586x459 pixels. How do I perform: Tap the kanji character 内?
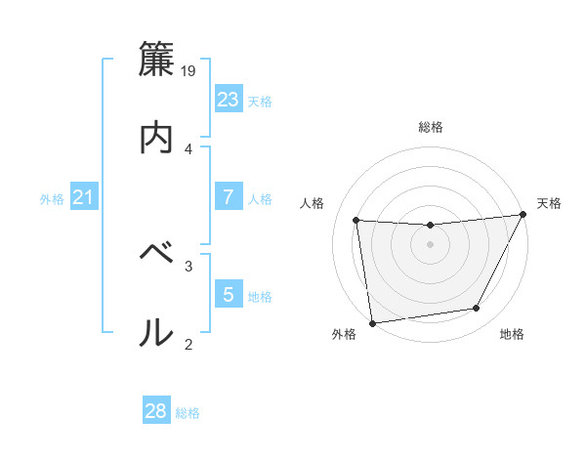tap(157, 138)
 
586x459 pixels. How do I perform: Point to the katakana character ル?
tap(157, 332)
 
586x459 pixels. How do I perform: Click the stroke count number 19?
tap(189, 71)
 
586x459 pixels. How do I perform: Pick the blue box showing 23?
tap(229, 100)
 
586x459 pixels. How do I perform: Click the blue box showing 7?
tap(229, 197)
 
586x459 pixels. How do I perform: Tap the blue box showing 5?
tap(229, 294)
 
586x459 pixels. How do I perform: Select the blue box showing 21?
tap(83, 198)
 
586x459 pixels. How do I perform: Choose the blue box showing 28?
tap(156, 411)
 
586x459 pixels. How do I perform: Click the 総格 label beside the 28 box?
tap(188, 413)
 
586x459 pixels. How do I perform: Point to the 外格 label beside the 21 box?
tap(52, 199)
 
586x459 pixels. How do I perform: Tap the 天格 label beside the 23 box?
tap(260, 101)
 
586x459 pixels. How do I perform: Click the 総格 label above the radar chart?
tap(430, 127)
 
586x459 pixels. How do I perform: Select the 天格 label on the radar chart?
tap(549, 203)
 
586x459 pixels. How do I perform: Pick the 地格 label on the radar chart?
tap(512, 334)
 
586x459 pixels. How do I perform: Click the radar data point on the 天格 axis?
tap(523, 215)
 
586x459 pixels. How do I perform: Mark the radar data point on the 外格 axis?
tap(372, 322)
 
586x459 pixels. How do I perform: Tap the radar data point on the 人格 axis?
tap(356, 221)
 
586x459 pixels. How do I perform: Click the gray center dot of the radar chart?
tap(430, 244)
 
